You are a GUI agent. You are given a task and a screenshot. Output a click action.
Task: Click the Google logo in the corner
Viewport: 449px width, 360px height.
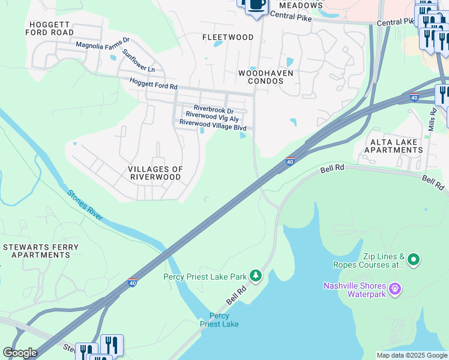pyautogui.click(x=20, y=353)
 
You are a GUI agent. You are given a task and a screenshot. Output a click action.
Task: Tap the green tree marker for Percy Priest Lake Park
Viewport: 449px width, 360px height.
pyautogui.click(x=256, y=275)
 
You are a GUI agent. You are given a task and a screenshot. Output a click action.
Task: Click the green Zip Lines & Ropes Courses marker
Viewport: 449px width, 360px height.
pyautogui.click(x=413, y=260)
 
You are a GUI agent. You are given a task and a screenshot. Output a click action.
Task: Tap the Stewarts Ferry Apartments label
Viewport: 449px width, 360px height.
pyautogui.click(x=36, y=251)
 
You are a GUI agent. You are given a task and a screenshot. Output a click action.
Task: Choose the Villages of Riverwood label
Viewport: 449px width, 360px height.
pyautogui.click(x=155, y=173)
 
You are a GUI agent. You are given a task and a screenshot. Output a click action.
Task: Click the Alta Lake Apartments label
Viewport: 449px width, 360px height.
pyautogui.click(x=396, y=145)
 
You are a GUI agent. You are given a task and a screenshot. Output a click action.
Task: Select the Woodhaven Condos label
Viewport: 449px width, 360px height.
pyautogui.click(x=266, y=77)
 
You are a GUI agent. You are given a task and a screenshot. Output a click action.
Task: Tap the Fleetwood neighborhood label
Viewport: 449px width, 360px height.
pyautogui.click(x=228, y=37)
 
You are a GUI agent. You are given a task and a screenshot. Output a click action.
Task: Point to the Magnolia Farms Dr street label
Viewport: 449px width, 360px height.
pyautogui.click(x=102, y=44)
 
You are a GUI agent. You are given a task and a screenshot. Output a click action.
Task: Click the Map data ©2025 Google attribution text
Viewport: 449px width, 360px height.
pyautogui.click(x=412, y=355)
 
